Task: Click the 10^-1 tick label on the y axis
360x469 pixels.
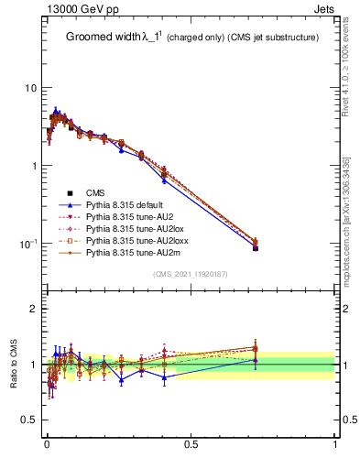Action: coord(28,243)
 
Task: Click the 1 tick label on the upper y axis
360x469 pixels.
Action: coord(34,166)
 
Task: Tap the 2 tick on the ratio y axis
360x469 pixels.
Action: coord(34,309)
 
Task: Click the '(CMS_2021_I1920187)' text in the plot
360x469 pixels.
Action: coord(191,275)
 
